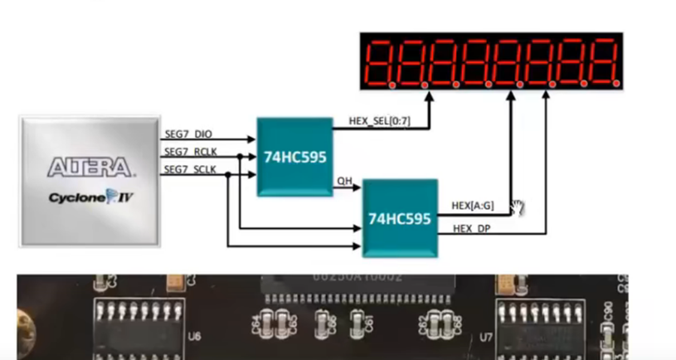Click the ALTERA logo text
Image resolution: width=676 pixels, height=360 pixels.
(90, 167)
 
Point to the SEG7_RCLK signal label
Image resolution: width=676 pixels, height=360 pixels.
(190, 151)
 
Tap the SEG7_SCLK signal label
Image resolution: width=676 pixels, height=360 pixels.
(190, 169)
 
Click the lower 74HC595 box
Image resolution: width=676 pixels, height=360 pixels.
(400, 219)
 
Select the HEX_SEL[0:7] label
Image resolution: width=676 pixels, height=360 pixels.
(379, 121)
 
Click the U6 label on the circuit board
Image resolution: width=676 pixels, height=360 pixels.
(195, 337)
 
